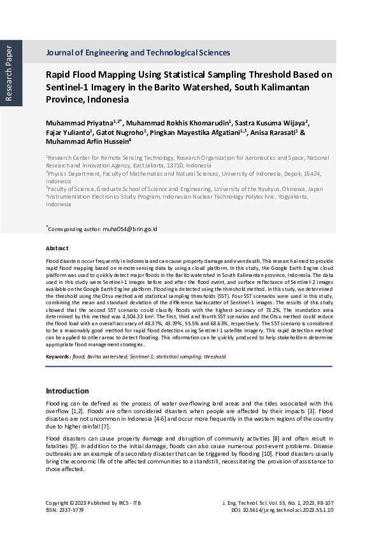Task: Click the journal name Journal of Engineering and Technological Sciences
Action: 138,53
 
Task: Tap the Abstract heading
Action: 57,248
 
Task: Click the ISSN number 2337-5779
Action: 71,510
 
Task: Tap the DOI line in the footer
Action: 283,510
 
